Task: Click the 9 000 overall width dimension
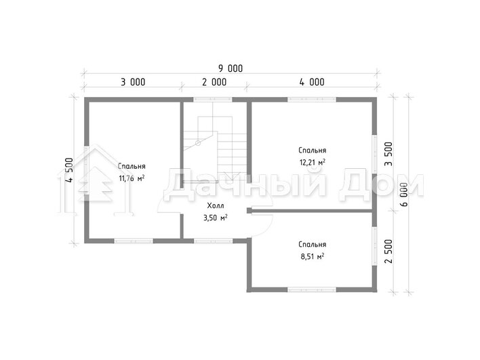point(231,68)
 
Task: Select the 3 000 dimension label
point(133,82)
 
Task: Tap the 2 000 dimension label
point(214,82)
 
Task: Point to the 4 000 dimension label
point(312,82)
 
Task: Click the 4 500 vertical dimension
point(69,170)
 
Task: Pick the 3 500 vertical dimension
point(388,154)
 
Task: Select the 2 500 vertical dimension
point(388,252)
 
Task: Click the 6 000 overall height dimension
point(404,195)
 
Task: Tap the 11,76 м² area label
point(132,178)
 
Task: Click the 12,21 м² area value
point(313,162)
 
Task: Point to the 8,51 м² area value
point(313,256)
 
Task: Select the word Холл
point(216,205)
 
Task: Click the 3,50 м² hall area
point(215,218)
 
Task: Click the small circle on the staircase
point(198,142)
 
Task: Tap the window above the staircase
point(213,99)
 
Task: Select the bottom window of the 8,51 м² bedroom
point(312,289)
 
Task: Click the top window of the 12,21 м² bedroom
point(312,99)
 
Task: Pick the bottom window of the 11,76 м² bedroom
point(134,241)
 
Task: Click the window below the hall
point(213,241)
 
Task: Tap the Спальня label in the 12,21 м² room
point(313,151)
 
